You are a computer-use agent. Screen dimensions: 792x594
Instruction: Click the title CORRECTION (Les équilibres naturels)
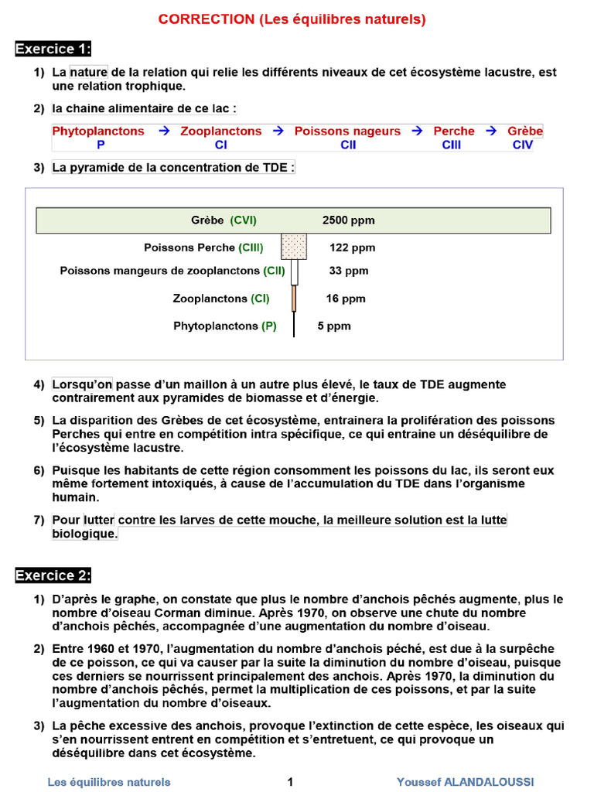(292, 20)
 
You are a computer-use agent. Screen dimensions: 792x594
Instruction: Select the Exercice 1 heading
(53, 49)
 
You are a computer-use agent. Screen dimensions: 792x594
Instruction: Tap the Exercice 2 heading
(53, 575)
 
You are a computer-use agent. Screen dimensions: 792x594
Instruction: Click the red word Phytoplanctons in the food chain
(98, 131)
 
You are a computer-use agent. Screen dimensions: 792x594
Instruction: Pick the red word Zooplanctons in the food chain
(221, 131)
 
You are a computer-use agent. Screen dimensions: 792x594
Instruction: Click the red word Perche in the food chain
(454, 131)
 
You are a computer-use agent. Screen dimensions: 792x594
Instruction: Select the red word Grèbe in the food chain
(525, 131)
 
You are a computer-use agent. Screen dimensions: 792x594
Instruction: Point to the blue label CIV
(523, 145)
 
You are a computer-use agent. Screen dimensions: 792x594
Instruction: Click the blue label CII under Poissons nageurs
(348, 145)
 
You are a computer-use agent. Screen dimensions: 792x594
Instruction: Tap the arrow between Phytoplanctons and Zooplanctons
(163, 131)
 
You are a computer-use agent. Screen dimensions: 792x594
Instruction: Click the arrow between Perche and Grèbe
(491, 131)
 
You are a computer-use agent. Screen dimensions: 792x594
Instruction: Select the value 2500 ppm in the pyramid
(348, 220)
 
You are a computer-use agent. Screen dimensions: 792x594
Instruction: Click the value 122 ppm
(352, 247)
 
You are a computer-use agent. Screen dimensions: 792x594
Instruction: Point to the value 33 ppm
(349, 271)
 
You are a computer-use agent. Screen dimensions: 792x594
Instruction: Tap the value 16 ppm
(346, 299)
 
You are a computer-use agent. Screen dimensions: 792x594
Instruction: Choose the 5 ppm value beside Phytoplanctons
(334, 326)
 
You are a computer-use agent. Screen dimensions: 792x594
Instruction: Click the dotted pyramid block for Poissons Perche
(294, 247)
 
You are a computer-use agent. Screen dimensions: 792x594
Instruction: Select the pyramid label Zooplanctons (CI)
(221, 299)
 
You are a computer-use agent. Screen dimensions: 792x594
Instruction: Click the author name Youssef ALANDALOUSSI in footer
(465, 782)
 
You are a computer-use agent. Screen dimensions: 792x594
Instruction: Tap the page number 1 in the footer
(290, 782)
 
